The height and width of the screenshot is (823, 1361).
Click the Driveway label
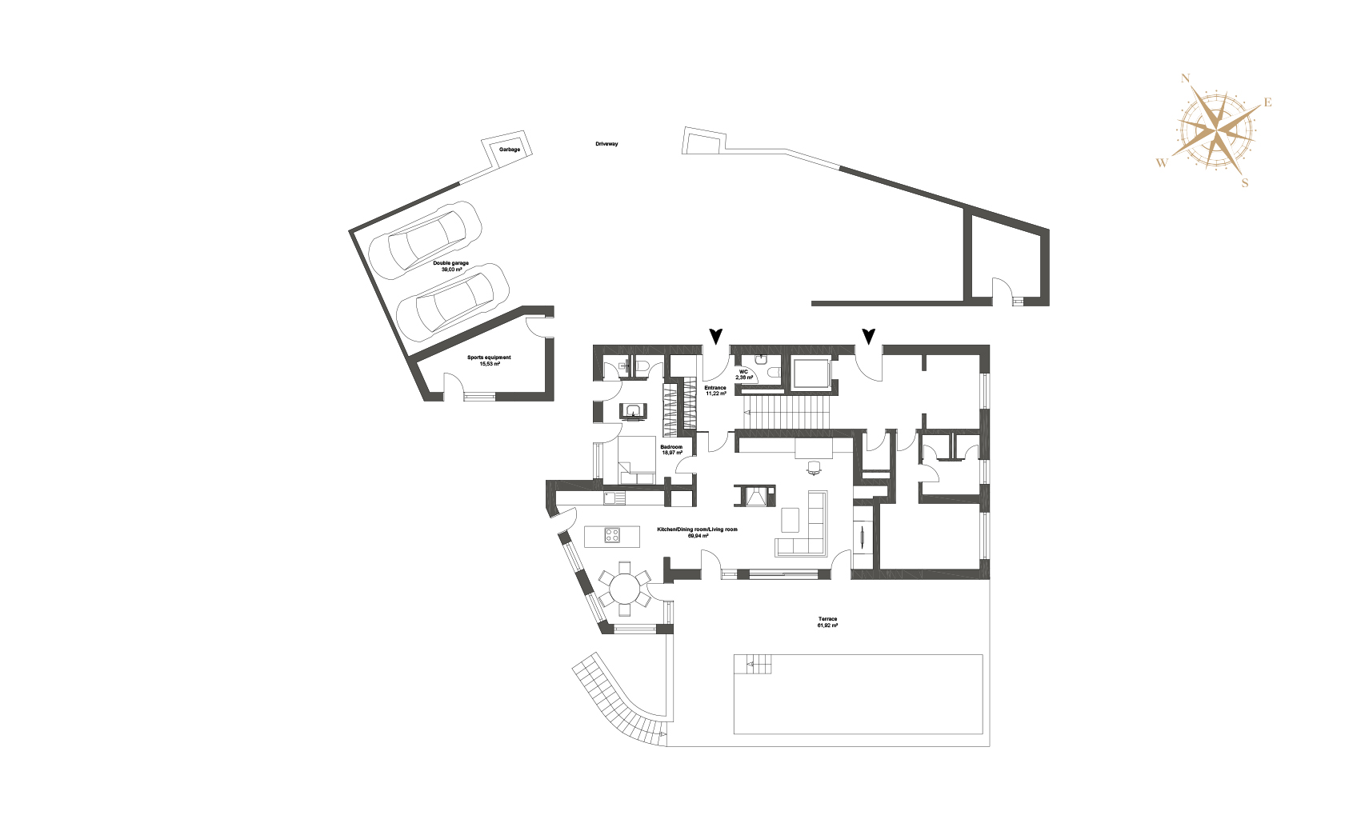[606, 144]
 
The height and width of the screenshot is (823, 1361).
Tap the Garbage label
[510, 150]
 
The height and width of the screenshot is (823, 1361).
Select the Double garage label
[450, 266]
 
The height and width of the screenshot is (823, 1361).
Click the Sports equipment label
[489, 361]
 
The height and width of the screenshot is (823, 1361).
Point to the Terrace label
[827, 622]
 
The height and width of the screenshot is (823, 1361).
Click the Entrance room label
[715, 390]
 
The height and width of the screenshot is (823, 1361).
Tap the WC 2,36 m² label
[743, 374]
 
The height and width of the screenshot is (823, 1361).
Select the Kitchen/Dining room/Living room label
[698, 533]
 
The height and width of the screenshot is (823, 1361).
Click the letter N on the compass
[1185, 78]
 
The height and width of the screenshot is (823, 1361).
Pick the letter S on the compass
[1245, 183]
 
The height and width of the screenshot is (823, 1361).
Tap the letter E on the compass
[1268, 102]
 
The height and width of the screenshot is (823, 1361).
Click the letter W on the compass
[1162, 162]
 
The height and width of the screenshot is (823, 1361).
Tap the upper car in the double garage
[426, 241]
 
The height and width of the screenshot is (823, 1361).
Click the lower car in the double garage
[452, 302]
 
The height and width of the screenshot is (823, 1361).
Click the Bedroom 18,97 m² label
[671, 449]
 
